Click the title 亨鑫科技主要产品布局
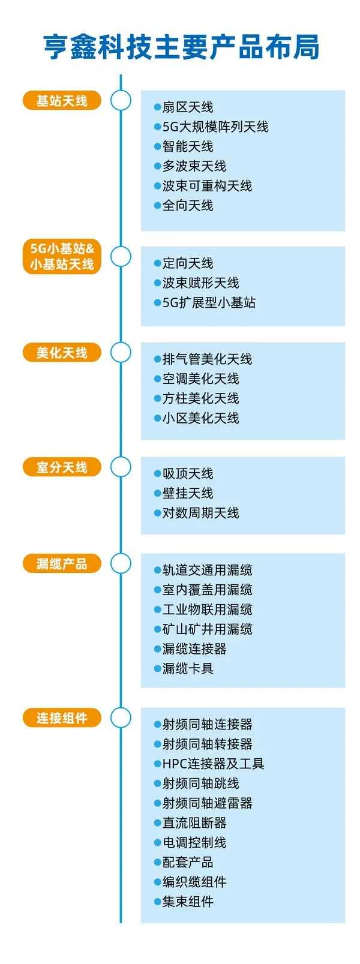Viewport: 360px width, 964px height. [181, 47]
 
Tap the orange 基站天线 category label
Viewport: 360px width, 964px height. [62, 101]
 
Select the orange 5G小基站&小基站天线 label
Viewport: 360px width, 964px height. [62, 256]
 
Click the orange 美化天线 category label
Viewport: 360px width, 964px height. [62, 353]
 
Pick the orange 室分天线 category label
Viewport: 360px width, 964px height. [62, 467]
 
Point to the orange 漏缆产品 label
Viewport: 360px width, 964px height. [62, 564]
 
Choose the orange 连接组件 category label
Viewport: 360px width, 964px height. [62, 718]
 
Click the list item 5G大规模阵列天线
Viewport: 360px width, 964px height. [215, 127]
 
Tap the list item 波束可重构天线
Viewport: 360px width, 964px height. [207, 186]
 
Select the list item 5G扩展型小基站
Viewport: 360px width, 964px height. [209, 303]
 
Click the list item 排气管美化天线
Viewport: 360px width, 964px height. [207, 359]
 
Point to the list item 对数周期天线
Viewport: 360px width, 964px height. [200, 513]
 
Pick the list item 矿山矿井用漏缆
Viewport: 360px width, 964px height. [207, 629]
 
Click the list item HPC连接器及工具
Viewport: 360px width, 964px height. [213, 764]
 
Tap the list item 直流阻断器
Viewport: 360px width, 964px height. [194, 823]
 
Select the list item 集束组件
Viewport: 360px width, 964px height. [188, 902]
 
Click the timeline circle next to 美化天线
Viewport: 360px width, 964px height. [121, 353]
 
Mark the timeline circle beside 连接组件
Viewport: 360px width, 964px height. [121, 718]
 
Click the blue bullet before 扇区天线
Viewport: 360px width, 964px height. [157, 107]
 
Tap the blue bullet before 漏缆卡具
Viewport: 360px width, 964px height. [157, 669]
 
